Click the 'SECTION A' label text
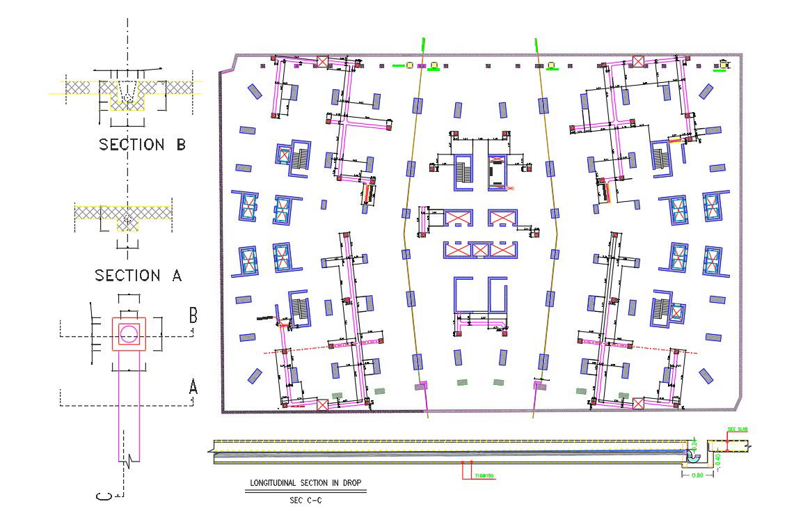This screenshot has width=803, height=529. point(138,276)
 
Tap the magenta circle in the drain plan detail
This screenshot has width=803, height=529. point(128,334)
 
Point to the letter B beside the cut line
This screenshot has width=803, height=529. point(193,315)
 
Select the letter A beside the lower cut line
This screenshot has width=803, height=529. point(193,386)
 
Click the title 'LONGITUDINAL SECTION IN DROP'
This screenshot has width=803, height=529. point(305,483)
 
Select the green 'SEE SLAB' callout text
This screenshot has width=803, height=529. point(736,429)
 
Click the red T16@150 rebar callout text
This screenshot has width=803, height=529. point(484,476)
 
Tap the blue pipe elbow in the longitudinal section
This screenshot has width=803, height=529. point(692,456)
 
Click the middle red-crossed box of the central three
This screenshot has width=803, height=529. point(481,249)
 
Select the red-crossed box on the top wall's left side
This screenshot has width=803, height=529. point(323,61)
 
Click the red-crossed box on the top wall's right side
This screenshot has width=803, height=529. point(638,61)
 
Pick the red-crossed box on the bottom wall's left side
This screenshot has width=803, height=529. point(322,404)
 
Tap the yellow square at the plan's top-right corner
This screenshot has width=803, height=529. point(724,64)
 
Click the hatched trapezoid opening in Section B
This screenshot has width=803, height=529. point(127,91)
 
